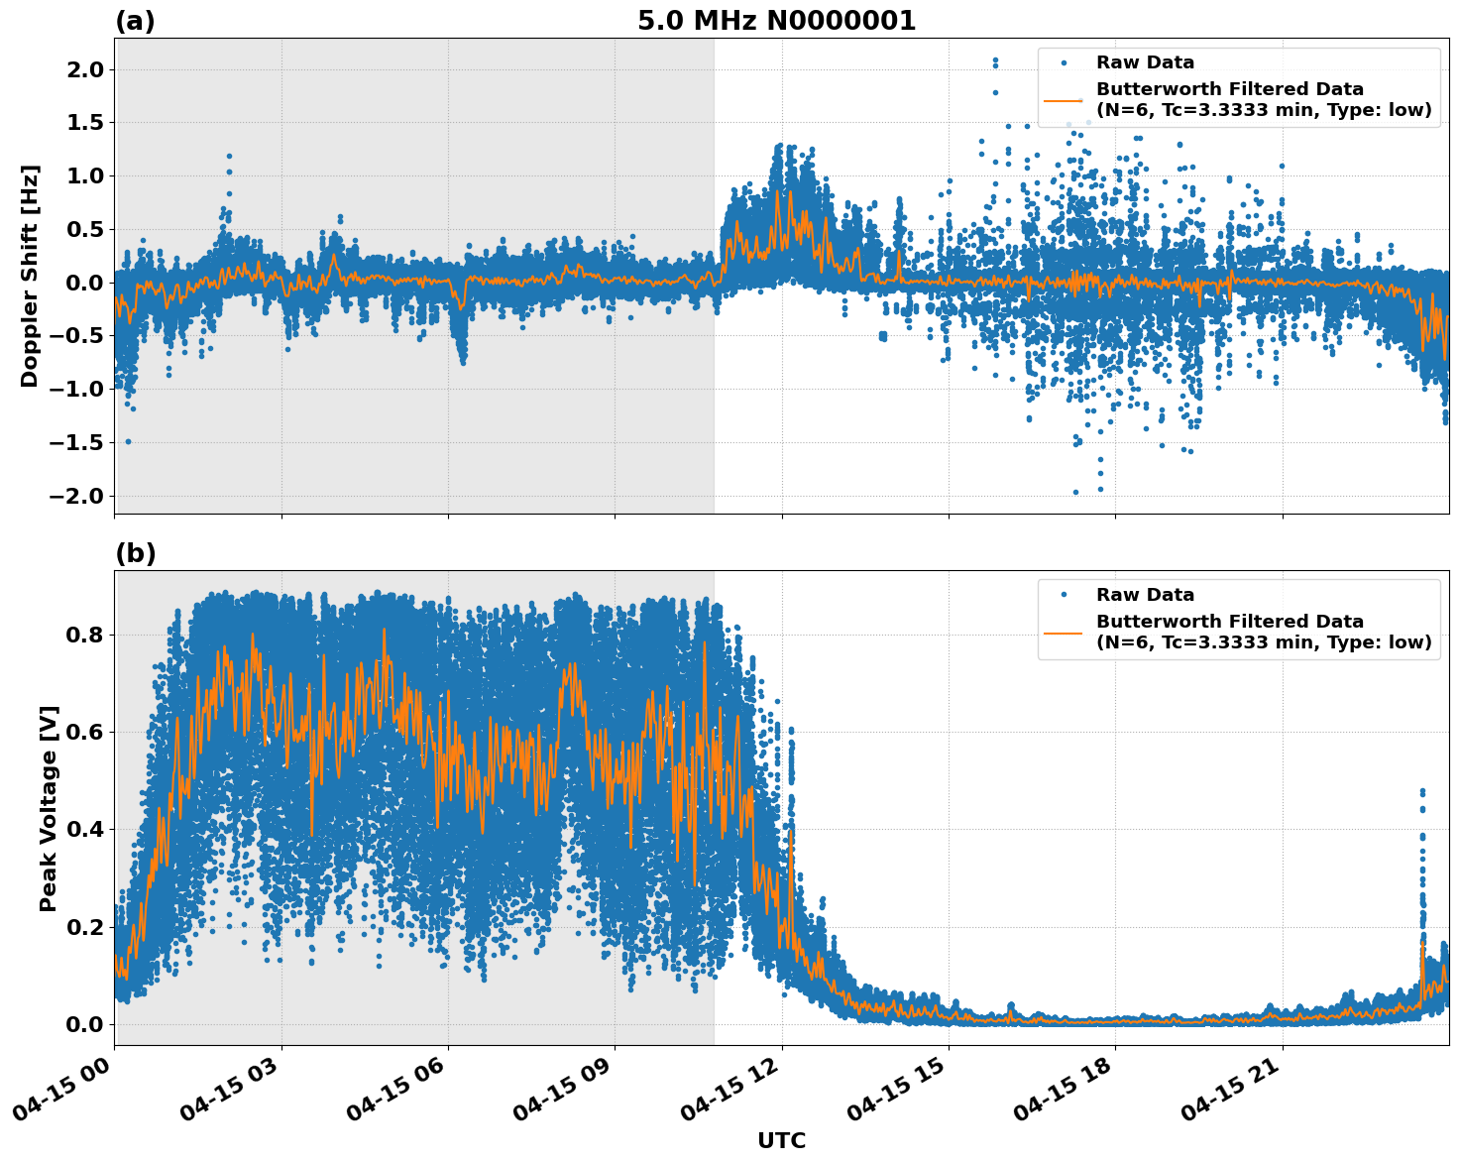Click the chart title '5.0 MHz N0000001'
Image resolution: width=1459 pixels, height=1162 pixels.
click(776, 21)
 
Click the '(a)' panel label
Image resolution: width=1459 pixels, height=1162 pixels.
click(135, 21)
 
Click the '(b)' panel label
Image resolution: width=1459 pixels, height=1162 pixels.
click(135, 553)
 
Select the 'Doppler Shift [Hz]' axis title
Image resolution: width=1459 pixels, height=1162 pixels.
click(30, 276)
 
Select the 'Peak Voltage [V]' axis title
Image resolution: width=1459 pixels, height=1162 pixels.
click(49, 808)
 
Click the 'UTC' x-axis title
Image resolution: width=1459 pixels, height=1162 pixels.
click(781, 1140)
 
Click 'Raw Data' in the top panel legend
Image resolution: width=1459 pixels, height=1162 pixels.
click(1145, 62)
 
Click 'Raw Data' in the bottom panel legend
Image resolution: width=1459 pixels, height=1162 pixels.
click(1145, 595)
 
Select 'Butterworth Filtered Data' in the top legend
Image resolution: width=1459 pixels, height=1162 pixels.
click(1229, 89)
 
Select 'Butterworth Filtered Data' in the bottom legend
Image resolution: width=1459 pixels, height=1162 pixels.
click(1229, 622)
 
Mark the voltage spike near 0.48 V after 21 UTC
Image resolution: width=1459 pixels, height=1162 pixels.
click(1422, 791)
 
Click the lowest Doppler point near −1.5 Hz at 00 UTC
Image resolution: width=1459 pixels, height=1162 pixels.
click(128, 441)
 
